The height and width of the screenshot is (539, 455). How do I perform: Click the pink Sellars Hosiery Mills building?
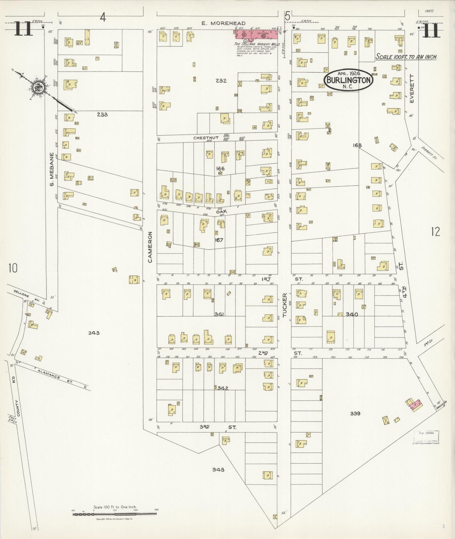[257, 34]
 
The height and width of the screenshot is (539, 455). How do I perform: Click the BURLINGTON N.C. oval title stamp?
[349, 80]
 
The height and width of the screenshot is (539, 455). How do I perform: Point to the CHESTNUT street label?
[206, 138]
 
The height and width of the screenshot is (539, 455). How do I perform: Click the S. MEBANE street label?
[52, 169]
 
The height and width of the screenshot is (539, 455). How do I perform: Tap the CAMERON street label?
[150, 247]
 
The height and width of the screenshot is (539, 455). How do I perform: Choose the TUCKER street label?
[285, 305]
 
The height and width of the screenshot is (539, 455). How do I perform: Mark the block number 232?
[221, 81]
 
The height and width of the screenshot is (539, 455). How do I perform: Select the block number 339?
[355, 414]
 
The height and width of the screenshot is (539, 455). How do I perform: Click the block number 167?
[219, 240]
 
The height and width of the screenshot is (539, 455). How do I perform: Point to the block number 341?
[219, 314]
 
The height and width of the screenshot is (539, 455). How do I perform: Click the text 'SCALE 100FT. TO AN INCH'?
[406, 57]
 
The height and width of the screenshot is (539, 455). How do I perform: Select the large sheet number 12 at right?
[435, 232]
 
